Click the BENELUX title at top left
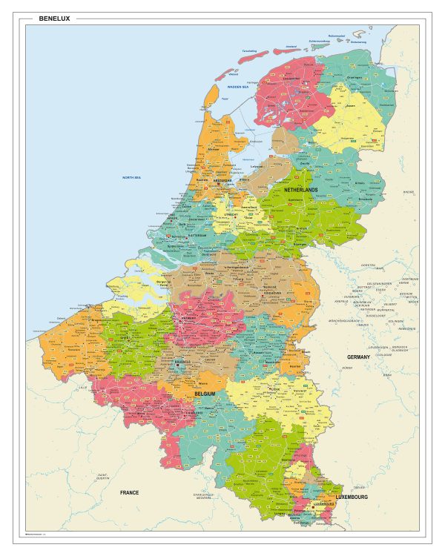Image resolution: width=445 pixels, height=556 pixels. click(x=54, y=19)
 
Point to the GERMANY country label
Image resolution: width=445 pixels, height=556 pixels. click(x=358, y=357)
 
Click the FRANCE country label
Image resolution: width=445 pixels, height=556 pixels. click(x=130, y=492)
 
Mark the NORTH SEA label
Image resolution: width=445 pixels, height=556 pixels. click(x=132, y=178)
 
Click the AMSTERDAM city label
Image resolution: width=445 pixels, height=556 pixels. click(x=222, y=179)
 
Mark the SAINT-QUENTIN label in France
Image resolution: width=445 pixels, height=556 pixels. click(x=108, y=475)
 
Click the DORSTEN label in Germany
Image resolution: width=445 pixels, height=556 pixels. click(x=368, y=265)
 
